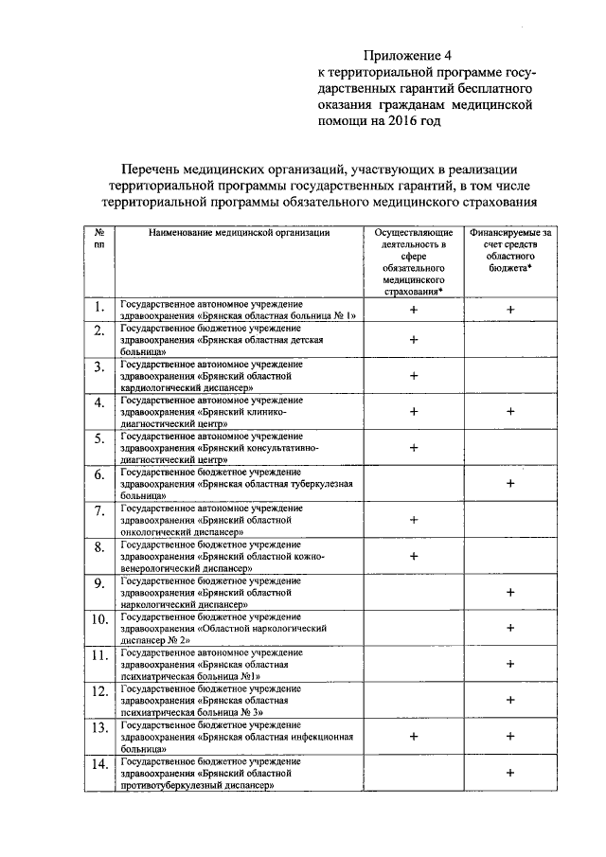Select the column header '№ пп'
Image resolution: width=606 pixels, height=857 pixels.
(98, 238)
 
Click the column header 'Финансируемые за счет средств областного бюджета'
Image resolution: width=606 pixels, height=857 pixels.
(509, 250)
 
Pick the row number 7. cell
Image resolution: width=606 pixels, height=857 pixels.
(98, 514)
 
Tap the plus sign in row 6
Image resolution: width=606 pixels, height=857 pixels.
(510, 483)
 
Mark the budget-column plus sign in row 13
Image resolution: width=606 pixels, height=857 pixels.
(510, 735)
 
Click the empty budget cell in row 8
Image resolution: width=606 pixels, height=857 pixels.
(510, 556)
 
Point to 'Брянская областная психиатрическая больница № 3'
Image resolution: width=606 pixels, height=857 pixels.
(209, 700)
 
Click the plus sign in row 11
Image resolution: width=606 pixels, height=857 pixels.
(510, 664)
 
